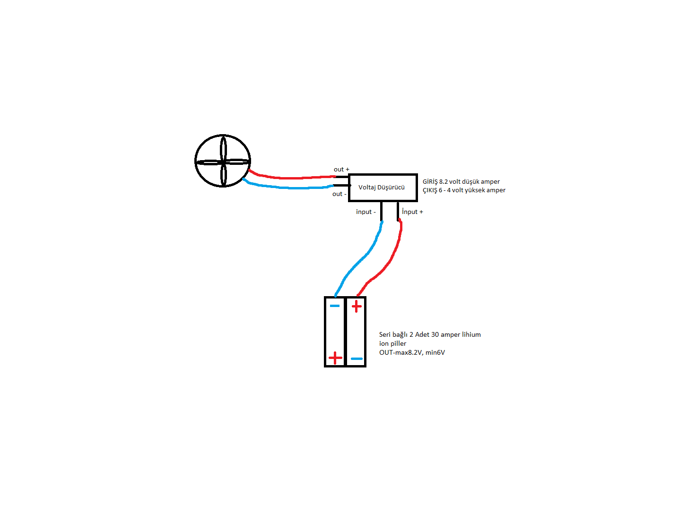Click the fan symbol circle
pos(195,161)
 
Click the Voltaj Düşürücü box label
pos(382,187)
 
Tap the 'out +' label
pos(341,169)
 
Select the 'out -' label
pos(339,194)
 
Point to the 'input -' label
pos(366,212)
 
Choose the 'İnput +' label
pos(412,212)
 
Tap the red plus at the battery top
pos(357,306)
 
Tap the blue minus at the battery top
pos(335,306)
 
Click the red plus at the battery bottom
pos(335,358)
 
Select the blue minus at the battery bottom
pos(357,359)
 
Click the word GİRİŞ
pos(430,181)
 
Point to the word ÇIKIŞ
pos(430,190)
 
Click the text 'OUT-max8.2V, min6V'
pos(412,352)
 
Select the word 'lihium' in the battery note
pos(471,334)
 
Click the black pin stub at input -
pos(381,211)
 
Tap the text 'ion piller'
pos(392,343)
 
